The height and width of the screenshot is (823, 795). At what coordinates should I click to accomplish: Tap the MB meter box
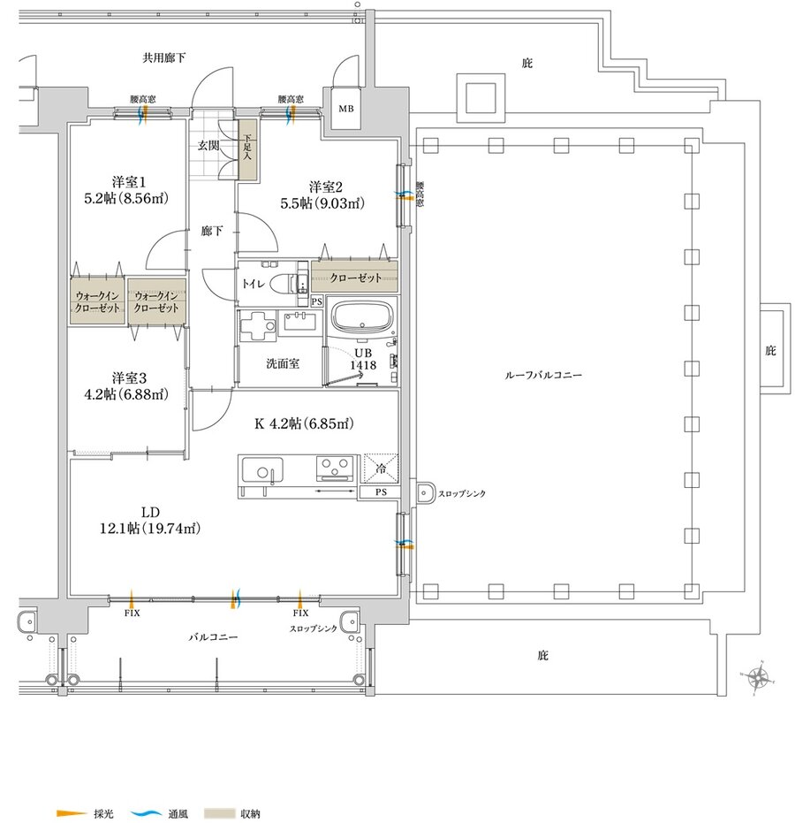(x=345, y=109)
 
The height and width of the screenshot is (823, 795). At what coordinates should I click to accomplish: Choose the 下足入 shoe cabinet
(x=247, y=150)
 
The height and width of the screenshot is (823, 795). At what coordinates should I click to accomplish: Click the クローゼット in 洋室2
(x=354, y=278)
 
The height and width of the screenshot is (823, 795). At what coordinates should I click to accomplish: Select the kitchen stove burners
(x=335, y=469)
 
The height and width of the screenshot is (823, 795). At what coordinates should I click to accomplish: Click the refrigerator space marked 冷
(x=382, y=469)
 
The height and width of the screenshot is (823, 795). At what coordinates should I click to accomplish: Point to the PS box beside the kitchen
(x=380, y=492)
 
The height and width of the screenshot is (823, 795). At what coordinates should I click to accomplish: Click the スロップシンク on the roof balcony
(x=426, y=493)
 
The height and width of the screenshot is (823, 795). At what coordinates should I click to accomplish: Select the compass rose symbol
(x=758, y=678)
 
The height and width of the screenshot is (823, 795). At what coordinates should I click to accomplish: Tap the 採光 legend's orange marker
(x=72, y=813)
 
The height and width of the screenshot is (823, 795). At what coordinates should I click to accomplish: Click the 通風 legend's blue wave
(x=147, y=813)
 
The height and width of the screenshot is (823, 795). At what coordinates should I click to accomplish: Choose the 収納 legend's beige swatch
(x=220, y=813)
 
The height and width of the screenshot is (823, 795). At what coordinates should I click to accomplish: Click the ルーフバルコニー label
(x=542, y=376)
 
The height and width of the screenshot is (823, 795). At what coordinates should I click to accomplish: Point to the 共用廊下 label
(x=164, y=57)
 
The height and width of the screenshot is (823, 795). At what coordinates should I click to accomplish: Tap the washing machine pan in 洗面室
(x=257, y=326)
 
